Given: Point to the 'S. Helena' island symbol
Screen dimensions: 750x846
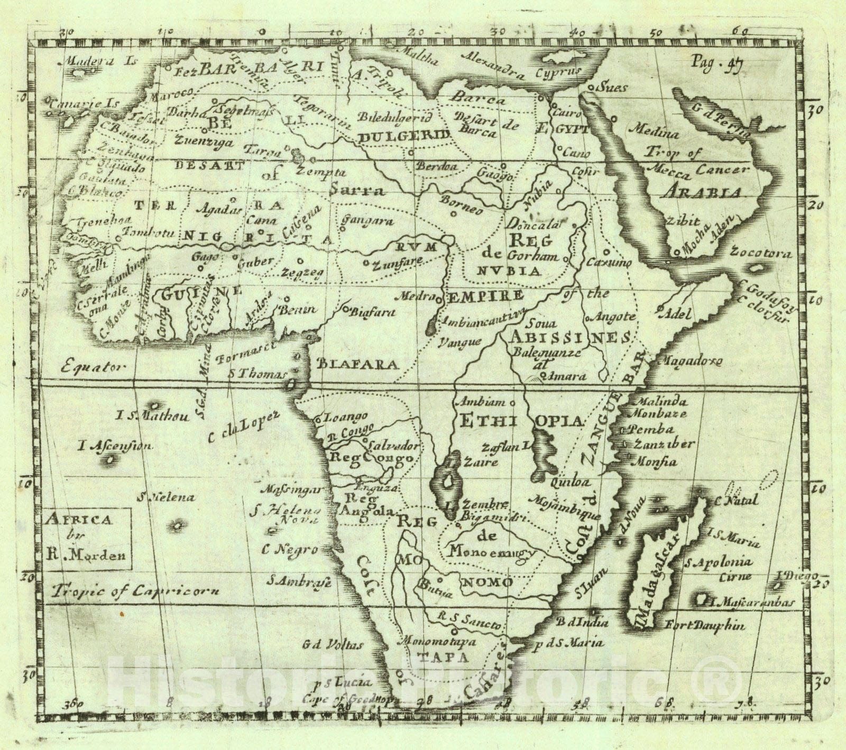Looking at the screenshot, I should (177, 525).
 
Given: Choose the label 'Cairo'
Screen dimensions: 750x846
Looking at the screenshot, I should (568, 113).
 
